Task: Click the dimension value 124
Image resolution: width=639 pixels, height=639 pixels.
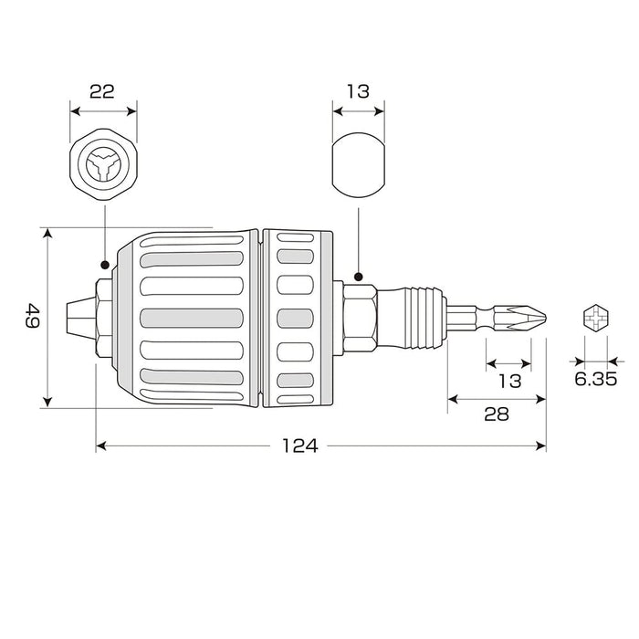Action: point(299,446)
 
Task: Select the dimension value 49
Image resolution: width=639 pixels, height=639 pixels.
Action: point(32,319)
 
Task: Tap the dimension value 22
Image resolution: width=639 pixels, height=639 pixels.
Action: point(102,91)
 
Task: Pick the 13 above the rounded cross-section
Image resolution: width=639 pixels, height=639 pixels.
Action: point(357,91)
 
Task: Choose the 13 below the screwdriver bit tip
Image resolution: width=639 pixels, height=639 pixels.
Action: point(511,381)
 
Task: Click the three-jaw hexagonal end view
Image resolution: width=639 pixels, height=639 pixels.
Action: point(102,167)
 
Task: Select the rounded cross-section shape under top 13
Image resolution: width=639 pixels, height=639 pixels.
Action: point(357,167)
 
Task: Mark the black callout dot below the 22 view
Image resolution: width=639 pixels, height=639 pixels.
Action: point(104,265)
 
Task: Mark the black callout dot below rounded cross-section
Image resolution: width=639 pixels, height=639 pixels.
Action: point(359,275)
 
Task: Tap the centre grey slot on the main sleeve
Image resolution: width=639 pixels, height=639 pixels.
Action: point(193,319)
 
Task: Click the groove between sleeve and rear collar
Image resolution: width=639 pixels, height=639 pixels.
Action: point(261,319)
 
